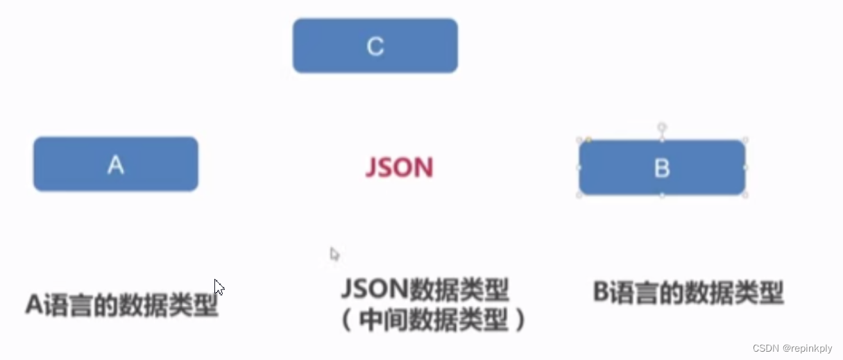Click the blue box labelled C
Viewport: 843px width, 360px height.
coord(375,46)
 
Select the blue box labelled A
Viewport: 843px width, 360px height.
coord(116,164)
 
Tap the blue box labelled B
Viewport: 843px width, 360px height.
coord(662,168)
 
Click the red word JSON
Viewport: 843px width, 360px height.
coord(399,168)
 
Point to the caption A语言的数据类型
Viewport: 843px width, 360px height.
coord(122,305)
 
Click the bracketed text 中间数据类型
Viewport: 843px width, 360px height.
coord(434,319)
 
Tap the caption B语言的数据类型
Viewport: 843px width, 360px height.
coord(688,292)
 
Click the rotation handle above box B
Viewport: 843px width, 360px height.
coord(662,128)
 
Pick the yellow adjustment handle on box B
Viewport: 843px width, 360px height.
coord(588,140)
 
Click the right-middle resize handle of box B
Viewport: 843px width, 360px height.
coord(746,168)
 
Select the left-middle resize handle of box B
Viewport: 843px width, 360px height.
coord(579,168)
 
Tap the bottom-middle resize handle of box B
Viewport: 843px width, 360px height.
coord(662,196)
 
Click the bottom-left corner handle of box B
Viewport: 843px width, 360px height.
coord(579,196)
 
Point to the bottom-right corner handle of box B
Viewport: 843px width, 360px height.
coord(746,196)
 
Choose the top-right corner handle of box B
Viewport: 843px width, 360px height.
coord(746,140)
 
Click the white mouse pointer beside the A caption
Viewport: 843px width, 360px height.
coord(219,287)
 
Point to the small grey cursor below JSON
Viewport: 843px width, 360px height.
coord(334,254)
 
